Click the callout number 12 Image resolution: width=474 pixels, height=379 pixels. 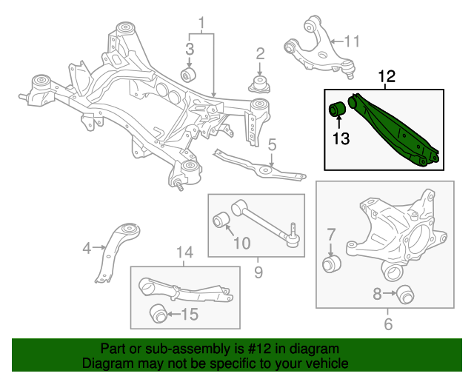tap(387, 76)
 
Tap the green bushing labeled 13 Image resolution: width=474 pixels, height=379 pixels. tap(338, 110)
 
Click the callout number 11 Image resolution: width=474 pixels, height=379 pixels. tap(351, 40)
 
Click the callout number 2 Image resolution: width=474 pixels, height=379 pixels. tap(260, 53)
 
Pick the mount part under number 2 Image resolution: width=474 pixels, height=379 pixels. tap(260, 83)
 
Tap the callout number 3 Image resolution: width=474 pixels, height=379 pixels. tap(190, 50)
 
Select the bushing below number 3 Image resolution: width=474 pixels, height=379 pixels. tap(190, 76)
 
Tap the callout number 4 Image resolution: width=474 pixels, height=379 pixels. tap(87, 249)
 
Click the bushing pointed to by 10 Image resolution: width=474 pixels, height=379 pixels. tap(221, 220)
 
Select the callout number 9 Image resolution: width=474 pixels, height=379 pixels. tap(258, 273)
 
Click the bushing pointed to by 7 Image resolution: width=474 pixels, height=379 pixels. tap(333, 264)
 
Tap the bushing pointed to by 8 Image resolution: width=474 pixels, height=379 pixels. tap(404, 294)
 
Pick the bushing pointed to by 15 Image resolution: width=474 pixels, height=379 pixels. tap(158, 314)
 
